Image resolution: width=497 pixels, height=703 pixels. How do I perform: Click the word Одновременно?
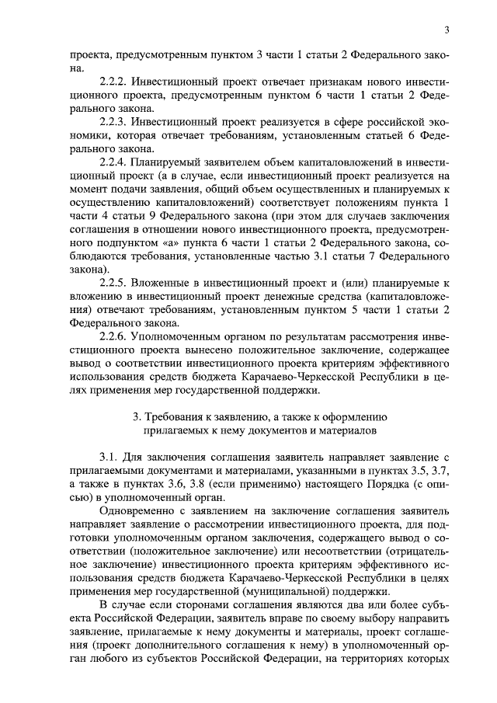coord(140,513)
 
